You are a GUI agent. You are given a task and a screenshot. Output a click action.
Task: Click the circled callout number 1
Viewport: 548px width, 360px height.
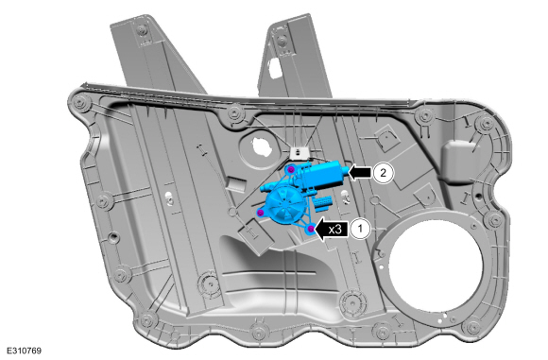click(360, 230)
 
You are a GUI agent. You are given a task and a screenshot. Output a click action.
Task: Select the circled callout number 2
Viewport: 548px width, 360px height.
click(383, 173)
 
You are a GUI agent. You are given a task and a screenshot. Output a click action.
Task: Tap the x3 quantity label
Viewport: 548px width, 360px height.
click(335, 230)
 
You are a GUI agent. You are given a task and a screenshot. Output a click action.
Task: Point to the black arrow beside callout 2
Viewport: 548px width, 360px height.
click(360, 173)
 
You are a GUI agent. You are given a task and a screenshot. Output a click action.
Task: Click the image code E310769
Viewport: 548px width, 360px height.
click(24, 351)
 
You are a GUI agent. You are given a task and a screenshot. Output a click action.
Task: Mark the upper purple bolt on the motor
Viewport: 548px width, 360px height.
click(291, 170)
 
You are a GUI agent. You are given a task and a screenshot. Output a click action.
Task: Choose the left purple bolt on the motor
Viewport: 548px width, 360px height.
click(261, 213)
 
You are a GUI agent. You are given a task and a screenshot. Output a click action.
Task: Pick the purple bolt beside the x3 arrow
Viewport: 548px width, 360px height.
click(310, 230)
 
